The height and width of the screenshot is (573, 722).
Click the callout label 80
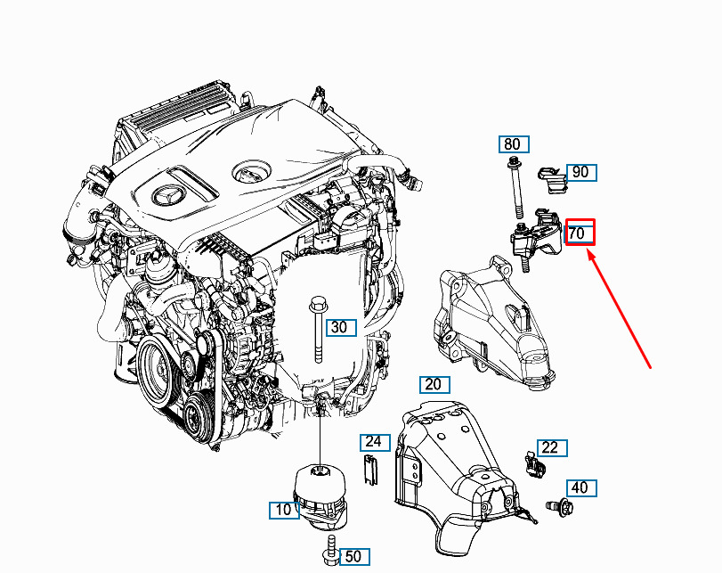tap(512, 144)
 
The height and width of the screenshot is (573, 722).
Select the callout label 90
tap(580, 172)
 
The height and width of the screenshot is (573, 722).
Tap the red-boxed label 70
tap(579, 233)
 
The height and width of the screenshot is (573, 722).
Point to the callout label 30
tap(339, 328)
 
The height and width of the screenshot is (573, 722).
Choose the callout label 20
tap(433, 385)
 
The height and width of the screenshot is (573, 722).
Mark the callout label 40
tap(580, 488)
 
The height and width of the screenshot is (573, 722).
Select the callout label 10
tap(284, 511)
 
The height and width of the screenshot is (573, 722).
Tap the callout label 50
tap(353, 557)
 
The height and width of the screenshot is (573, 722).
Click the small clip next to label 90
tap(553, 180)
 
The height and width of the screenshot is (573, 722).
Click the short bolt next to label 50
tap(329, 553)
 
